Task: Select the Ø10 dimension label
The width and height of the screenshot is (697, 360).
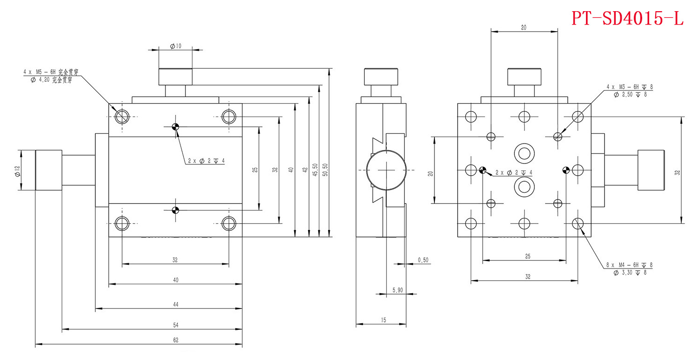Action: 176,46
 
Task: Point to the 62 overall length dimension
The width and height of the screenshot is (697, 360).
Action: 176,340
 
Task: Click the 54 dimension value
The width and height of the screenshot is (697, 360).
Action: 176,324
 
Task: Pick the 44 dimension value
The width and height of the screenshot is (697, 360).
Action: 176,304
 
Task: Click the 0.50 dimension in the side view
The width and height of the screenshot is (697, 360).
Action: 423,261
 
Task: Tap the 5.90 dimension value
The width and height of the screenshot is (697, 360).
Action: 397,290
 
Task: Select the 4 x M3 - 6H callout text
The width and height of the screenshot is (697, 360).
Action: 630,86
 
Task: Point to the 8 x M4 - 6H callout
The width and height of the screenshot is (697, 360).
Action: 630,265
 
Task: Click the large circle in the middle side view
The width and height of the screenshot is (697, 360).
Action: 385,170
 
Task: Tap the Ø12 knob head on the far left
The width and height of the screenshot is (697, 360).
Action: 49,170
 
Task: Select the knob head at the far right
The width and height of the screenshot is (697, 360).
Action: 651,170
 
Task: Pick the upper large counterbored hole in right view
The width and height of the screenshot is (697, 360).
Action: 524,153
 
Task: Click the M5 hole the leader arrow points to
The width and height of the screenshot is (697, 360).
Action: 122,117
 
